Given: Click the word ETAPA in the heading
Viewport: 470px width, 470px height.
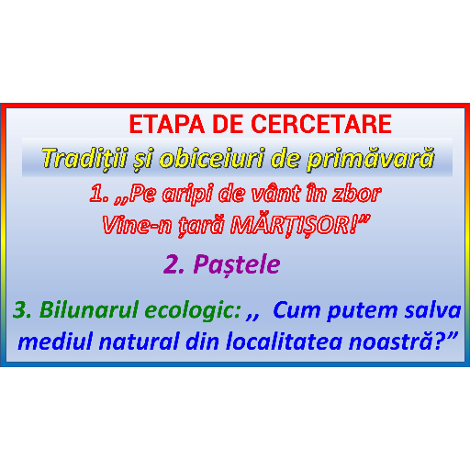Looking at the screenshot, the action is click(167, 124).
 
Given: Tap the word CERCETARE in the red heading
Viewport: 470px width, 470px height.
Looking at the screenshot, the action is click(321, 124).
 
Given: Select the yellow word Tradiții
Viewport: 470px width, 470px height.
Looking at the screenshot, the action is click(84, 159).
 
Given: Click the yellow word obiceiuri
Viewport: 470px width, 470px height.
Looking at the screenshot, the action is click(211, 159).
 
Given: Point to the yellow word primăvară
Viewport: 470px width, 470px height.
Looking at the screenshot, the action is click(371, 159).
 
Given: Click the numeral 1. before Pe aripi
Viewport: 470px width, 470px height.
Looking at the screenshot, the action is click(99, 194).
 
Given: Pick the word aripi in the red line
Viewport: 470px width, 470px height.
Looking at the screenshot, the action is click(187, 195).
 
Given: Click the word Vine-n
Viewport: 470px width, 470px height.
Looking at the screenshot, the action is click(137, 226).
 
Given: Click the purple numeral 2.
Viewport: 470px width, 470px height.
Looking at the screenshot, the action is click(173, 264).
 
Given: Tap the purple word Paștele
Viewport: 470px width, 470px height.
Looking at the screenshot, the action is click(237, 264).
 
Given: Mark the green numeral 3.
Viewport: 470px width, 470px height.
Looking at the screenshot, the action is click(22, 310).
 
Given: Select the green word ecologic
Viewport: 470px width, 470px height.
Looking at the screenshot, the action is click(192, 311).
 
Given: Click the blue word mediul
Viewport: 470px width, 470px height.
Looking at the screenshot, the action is click(55, 341).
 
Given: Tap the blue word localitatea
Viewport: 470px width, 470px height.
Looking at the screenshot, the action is click(284, 341).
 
